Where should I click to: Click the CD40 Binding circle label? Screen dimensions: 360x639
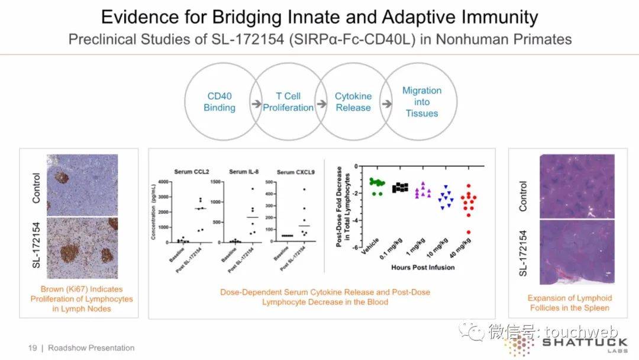coord(220,102)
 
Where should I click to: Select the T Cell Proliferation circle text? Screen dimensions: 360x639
coord(288,102)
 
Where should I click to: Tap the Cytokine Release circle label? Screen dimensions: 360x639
coord(353,102)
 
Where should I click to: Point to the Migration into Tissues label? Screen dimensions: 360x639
coord(422,102)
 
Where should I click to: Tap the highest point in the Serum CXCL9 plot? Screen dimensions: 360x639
coord(305,189)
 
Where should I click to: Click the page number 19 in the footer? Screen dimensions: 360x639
coord(33,348)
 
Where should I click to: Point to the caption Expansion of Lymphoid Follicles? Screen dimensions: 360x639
coord(569,303)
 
